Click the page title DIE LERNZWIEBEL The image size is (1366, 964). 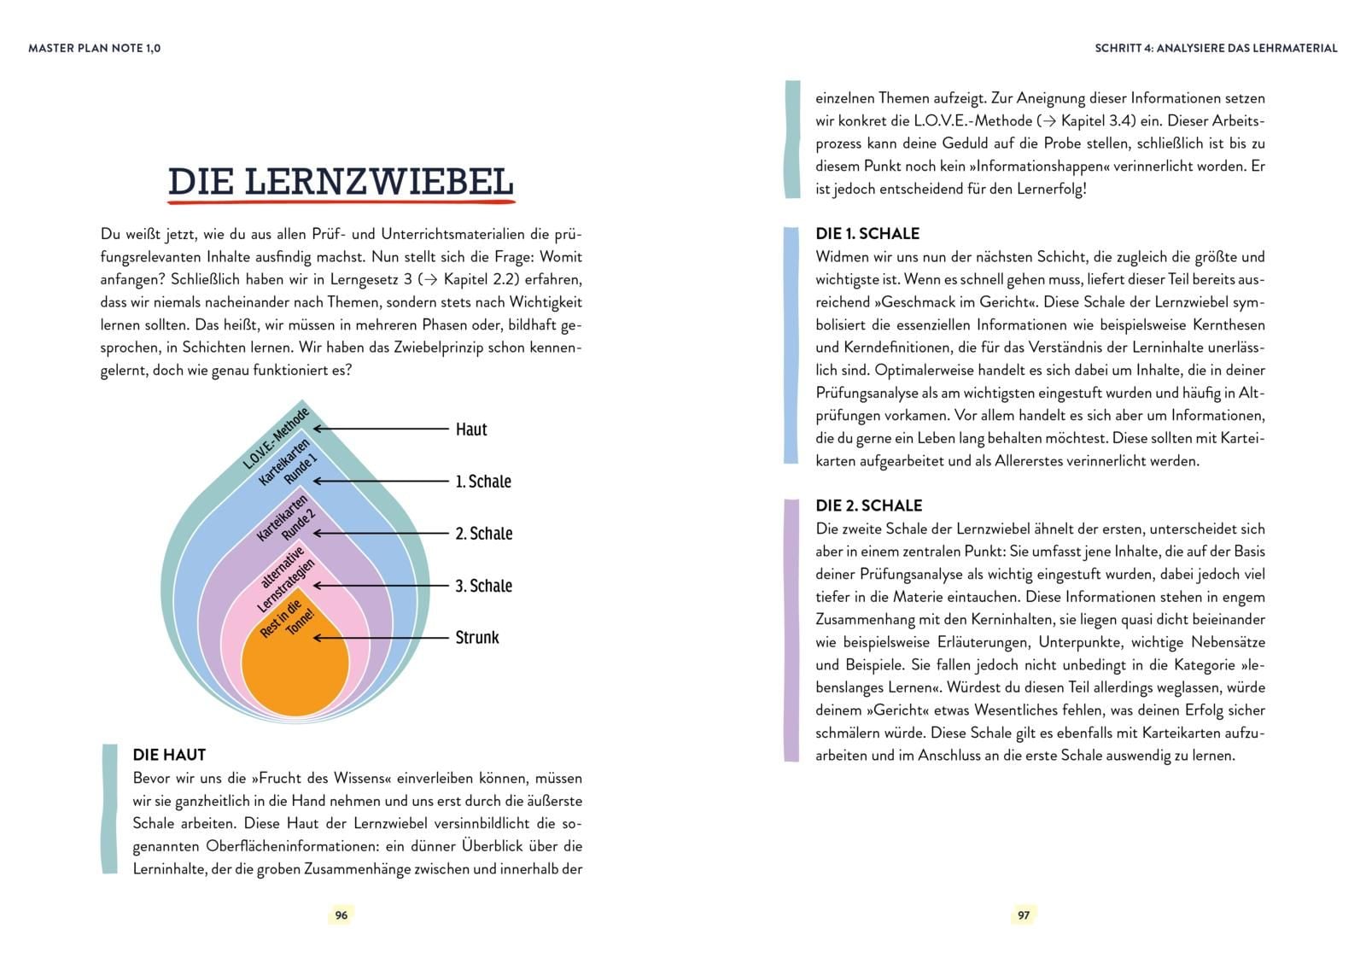341,182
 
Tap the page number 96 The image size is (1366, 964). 341,914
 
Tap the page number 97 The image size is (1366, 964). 1024,914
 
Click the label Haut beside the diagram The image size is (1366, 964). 471,429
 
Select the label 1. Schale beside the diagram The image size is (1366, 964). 483,482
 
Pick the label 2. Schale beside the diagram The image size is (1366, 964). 484,534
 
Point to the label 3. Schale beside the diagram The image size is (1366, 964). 484,586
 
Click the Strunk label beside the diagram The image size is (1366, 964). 477,638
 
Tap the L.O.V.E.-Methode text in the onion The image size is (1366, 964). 277,439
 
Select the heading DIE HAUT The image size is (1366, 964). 169,755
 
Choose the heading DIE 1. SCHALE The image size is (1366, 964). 867,234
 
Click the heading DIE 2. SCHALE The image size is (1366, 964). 869,505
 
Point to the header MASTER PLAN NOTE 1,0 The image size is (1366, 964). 94,49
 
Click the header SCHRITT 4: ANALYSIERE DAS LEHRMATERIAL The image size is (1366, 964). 1216,49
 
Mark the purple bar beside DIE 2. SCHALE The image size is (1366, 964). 791,630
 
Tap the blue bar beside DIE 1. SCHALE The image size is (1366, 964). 791,346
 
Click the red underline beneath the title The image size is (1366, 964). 341,203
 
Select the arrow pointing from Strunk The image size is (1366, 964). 381,638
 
